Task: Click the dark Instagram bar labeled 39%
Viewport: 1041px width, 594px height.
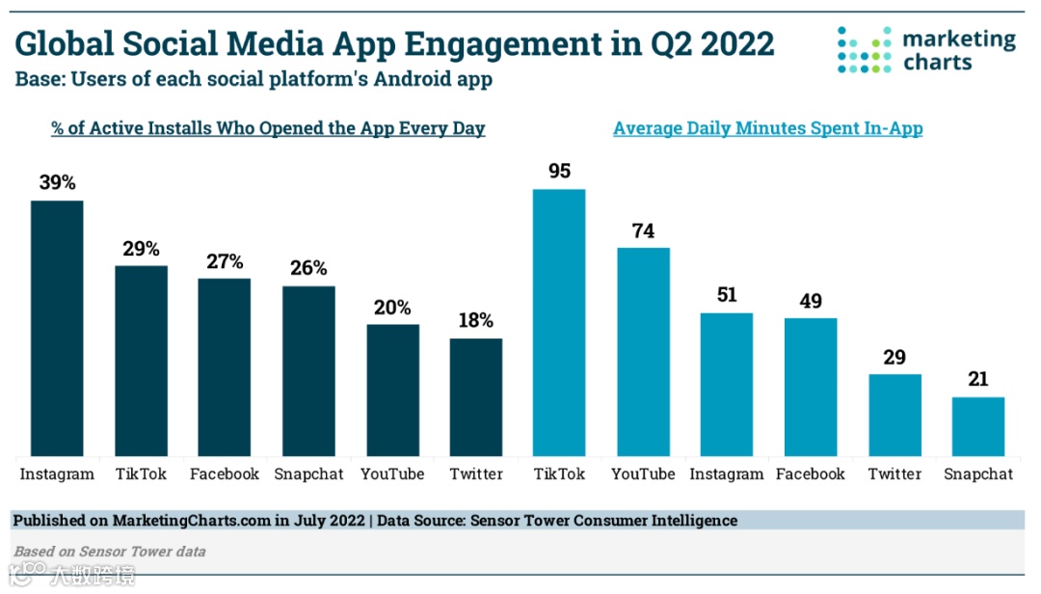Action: click(x=57, y=328)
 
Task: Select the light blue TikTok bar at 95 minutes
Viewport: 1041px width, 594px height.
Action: click(x=559, y=322)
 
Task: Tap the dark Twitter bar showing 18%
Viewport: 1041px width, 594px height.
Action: click(x=476, y=397)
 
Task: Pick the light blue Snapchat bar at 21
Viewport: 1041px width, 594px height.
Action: click(x=978, y=426)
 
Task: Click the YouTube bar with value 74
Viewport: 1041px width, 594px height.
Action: click(x=643, y=352)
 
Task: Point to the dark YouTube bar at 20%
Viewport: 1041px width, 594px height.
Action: click(x=392, y=390)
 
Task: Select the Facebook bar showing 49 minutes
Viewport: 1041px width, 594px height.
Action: click(x=811, y=387)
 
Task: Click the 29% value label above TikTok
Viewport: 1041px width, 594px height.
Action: click(x=141, y=249)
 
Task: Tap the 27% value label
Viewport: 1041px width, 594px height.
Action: click(x=225, y=261)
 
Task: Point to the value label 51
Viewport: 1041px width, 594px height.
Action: click(x=727, y=295)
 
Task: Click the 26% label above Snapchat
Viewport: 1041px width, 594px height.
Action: click(x=308, y=268)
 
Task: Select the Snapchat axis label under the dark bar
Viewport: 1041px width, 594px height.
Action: click(x=308, y=474)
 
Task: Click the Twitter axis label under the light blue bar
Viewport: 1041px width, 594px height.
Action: click(x=894, y=474)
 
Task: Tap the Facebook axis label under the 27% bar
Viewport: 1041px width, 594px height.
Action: click(x=225, y=474)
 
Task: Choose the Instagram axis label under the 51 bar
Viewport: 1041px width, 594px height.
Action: click(x=727, y=474)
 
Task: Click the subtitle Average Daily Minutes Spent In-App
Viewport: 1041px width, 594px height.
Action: click(x=767, y=128)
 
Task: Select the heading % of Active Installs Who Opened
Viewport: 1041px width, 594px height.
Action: click(x=268, y=128)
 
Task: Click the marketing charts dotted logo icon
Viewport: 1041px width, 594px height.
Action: click(x=865, y=50)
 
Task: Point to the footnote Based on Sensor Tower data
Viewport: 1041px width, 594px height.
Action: click(x=109, y=552)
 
